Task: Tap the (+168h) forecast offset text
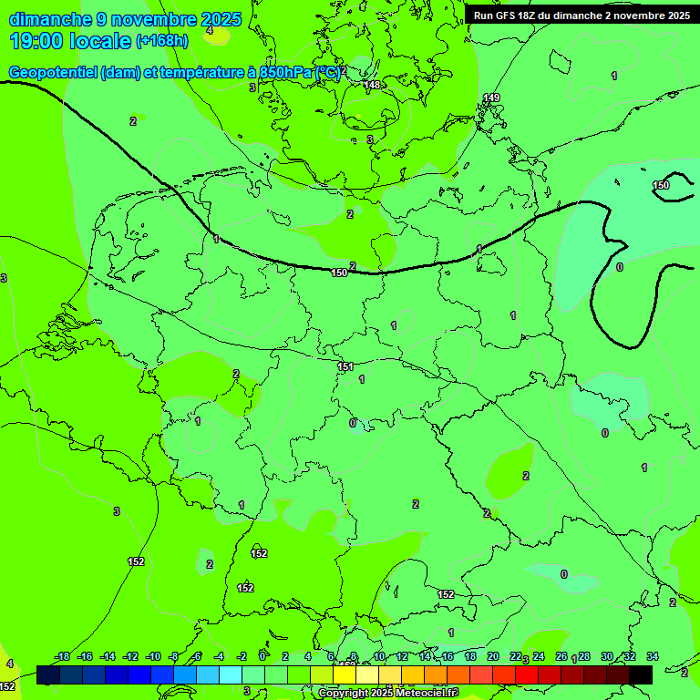click(161, 41)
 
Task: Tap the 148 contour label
click(372, 85)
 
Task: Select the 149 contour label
click(491, 98)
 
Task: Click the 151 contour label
click(345, 366)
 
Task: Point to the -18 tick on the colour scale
click(62, 656)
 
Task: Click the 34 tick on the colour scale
click(653, 656)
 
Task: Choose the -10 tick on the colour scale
click(153, 656)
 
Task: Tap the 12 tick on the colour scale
click(402, 656)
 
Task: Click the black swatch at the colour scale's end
click(641, 674)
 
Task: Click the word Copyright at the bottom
click(345, 694)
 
